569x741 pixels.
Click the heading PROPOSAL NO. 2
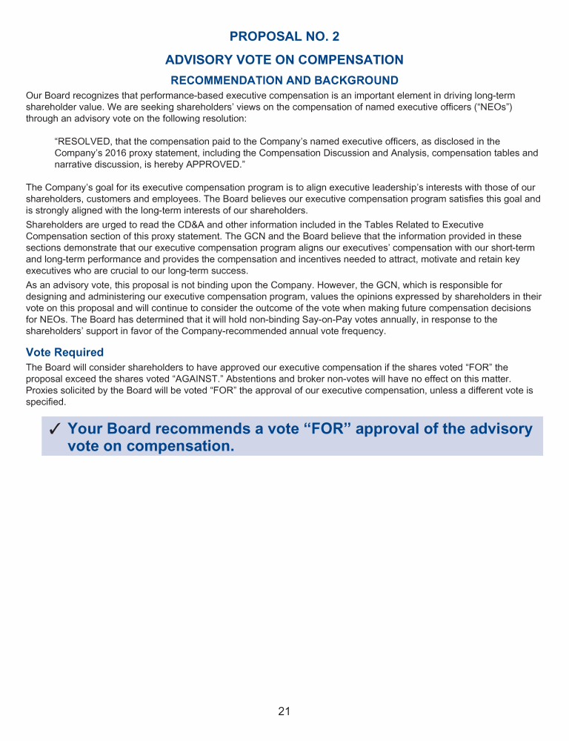[284, 36]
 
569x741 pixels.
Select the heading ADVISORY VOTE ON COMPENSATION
[284, 60]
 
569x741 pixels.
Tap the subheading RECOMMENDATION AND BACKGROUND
[284, 80]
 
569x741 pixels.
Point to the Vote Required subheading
[64, 352]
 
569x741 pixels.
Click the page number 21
[284, 711]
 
